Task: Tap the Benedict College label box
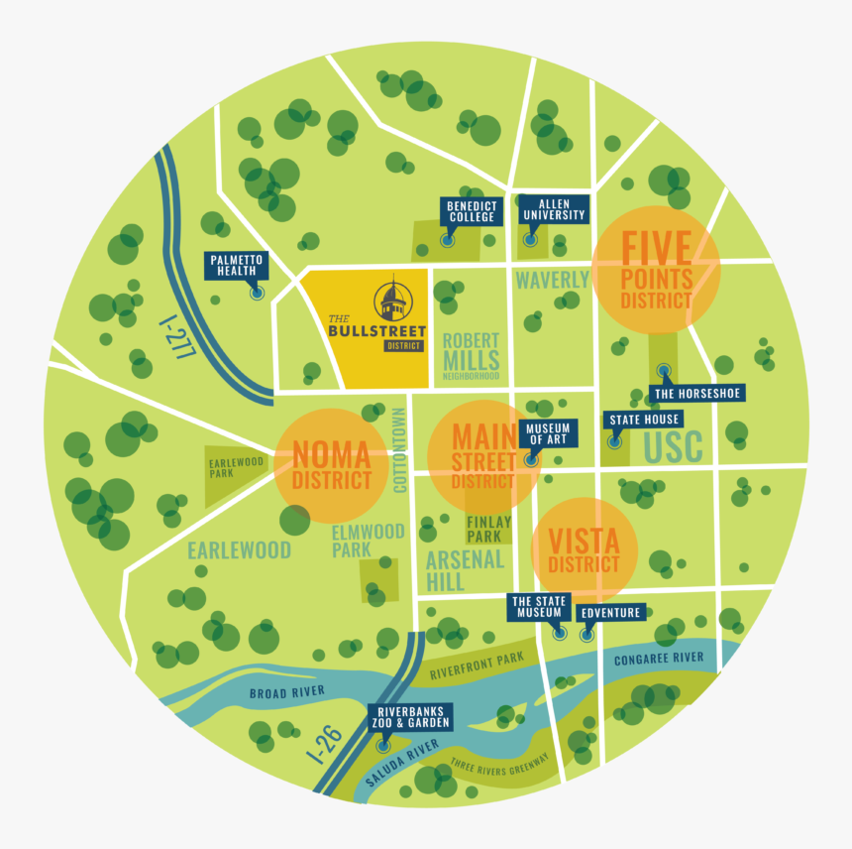[471, 210]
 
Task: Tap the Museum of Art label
[547, 433]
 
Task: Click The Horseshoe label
[697, 393]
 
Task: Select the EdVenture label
[610, 612]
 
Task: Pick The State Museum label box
[538, 607]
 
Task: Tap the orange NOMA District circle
[331, 466]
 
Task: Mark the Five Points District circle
[656, 270]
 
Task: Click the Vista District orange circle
[584, 551]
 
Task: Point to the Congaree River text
[659, 659]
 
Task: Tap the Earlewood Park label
[235, 467]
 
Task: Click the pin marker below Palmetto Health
[257, 293]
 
